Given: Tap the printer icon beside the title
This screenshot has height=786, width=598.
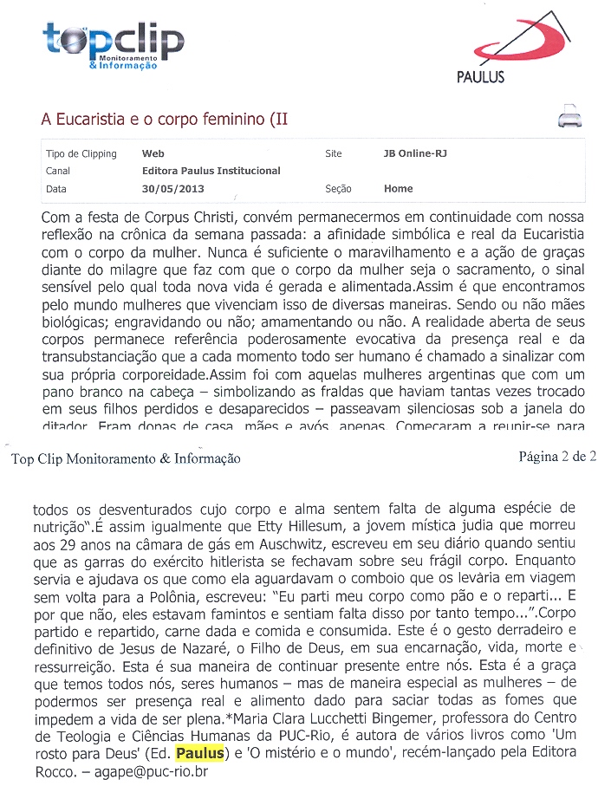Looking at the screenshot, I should pyautogui.click(x=568, y=117).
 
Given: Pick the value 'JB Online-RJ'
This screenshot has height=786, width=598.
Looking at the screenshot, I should pyautogui.click(x=415, y=153).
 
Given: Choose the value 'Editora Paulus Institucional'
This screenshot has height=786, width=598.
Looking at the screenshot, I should pyautogui.click(x=211, y=171).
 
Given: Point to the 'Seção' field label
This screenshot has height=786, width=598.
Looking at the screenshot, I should pyautogui.click(x=338, y=188).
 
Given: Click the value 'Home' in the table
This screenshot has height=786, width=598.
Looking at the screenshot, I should pyautogui.click(x=398, y=188).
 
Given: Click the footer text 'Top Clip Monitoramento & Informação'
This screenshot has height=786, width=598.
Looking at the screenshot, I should pyautogui.click(x=126, y=458).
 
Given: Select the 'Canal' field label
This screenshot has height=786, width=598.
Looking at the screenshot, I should pyautogui.click(x=57, y=171).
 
